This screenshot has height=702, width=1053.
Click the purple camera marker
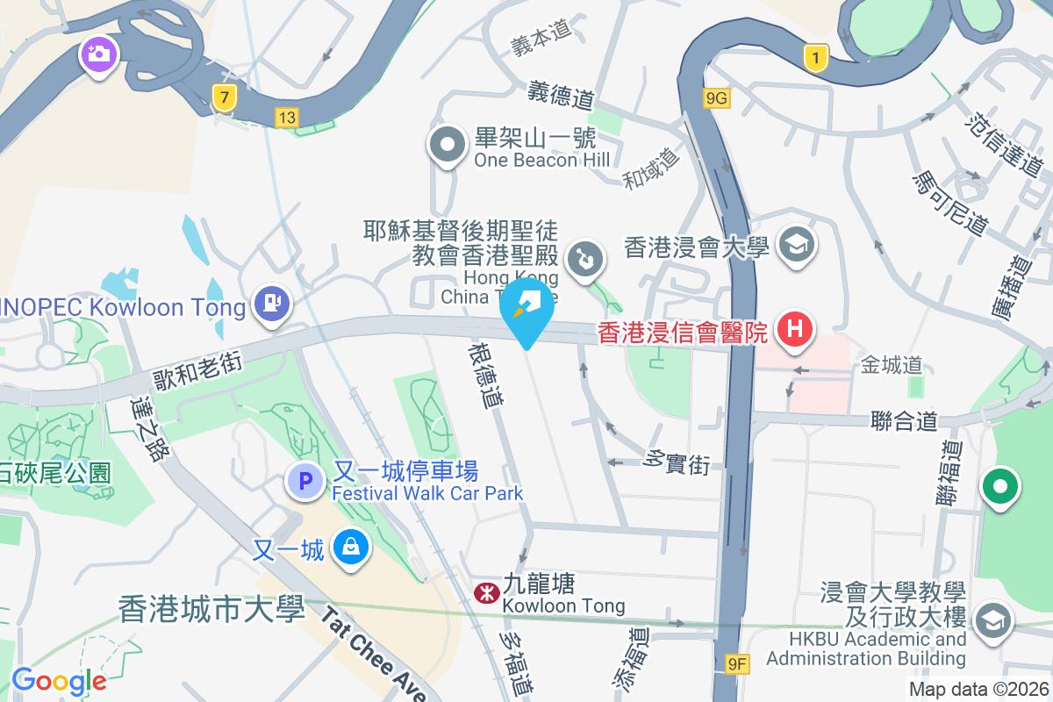point(98,54)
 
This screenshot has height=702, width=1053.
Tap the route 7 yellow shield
point(225,97)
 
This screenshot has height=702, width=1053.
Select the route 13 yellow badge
point(286,117)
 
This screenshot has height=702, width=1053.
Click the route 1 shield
point(816,59)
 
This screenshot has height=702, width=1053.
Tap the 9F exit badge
point(738,665)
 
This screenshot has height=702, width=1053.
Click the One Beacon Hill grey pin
point(448,145)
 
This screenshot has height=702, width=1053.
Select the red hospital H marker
point(795,330)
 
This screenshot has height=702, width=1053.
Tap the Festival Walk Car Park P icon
point(305,481)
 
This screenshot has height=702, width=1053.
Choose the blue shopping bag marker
point(351,548)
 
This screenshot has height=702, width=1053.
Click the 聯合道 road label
point(904,423)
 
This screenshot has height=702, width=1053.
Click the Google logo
point(59,680)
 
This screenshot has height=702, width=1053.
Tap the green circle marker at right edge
point(1000,487)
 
